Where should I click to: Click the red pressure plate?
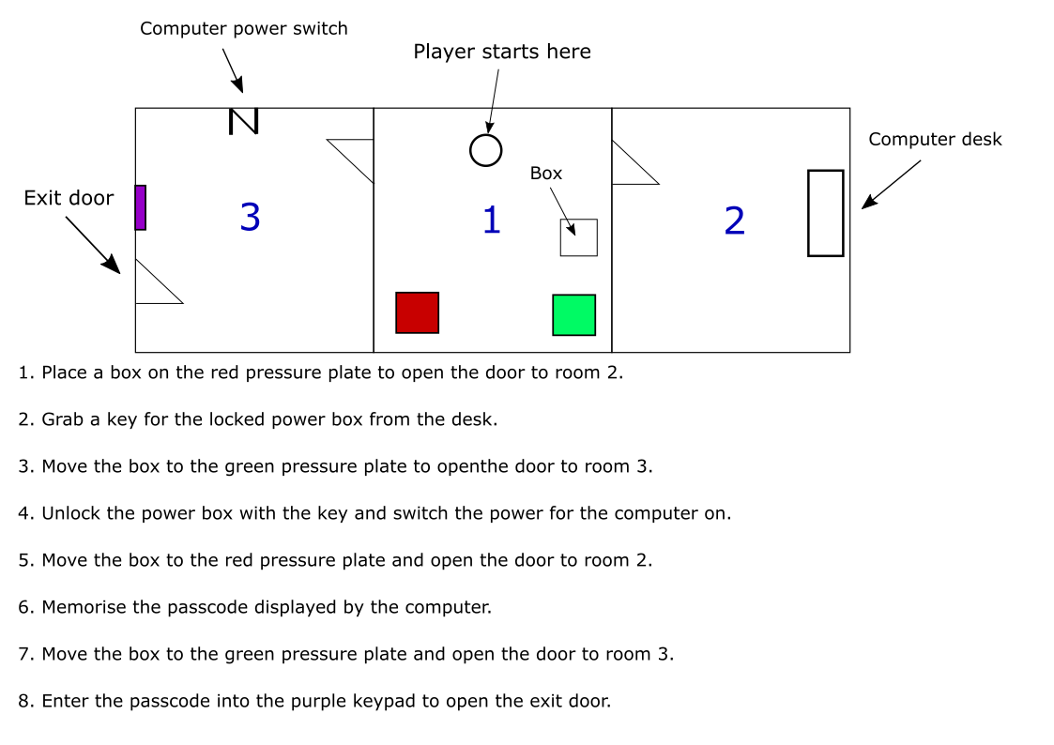tap(417, 312)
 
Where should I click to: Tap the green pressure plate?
tap(573, 314)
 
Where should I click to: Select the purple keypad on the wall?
tap(140, 207)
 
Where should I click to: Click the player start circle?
tap(485, 150)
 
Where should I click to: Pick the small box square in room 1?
tap(578, 237)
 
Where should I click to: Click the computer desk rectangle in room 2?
tap(825, 213)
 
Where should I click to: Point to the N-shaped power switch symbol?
tap(243, 121)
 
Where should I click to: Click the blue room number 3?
tap(250, 217)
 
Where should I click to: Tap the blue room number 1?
tap(491, 220)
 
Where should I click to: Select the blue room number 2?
tap(734, 220)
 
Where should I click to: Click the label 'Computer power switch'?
tap(243, 29)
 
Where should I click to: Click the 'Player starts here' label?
tap(502, 52)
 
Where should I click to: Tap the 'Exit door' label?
tap(69, 198)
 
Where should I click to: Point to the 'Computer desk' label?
tap(935, 140)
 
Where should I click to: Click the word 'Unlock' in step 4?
tap(70, 513)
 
